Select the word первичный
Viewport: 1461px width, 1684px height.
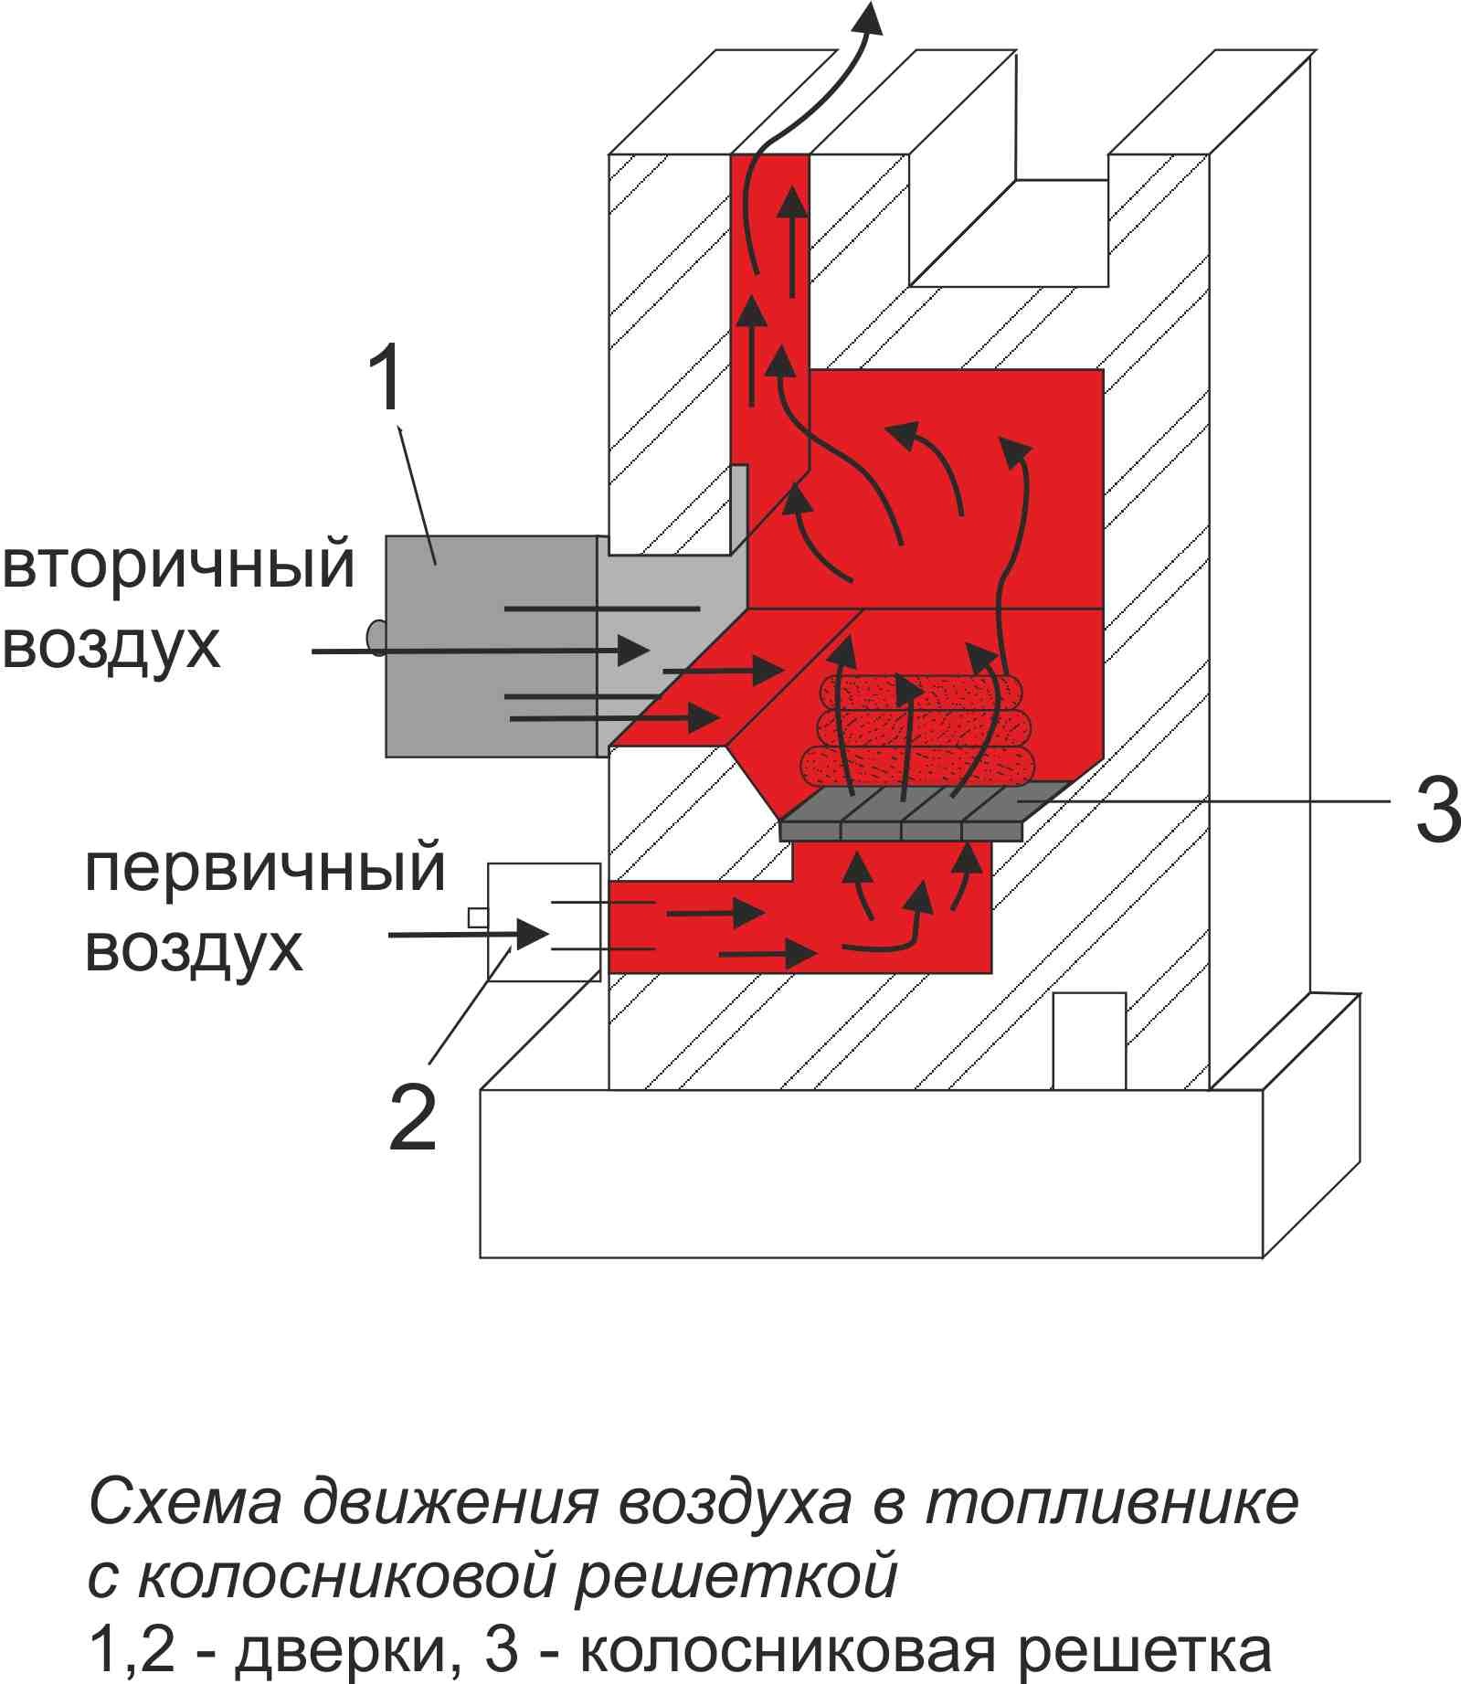(265, 868)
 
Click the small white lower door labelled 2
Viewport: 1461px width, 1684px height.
(544, 921)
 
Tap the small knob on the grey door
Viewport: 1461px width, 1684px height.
(375, 636)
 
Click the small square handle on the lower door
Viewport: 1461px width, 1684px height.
(477, 916)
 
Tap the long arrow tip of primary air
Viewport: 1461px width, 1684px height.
(533, 933)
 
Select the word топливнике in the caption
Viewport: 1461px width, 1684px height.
(1111, 1501)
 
